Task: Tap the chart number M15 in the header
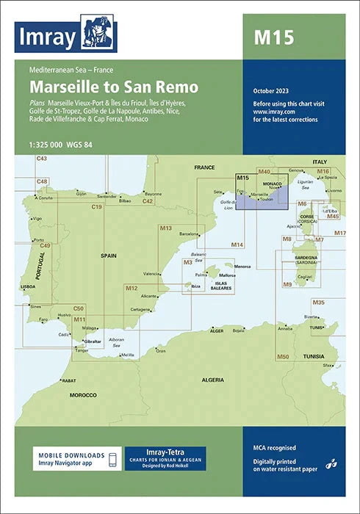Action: click(273, 37)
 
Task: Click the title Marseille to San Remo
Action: click(114, 86)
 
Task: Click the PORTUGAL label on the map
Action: click(41, 263)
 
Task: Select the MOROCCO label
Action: click(83, 394)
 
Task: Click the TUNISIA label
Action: click(314, 356)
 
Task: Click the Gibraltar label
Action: click(93, 342)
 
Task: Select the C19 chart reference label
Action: click(96, 208)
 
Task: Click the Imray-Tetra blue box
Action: click(165, 458)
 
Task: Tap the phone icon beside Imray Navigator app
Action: click(112, 460)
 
